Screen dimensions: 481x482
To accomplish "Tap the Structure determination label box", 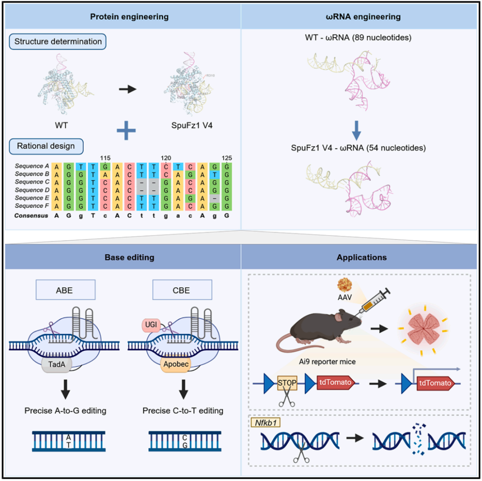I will (58, 42).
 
